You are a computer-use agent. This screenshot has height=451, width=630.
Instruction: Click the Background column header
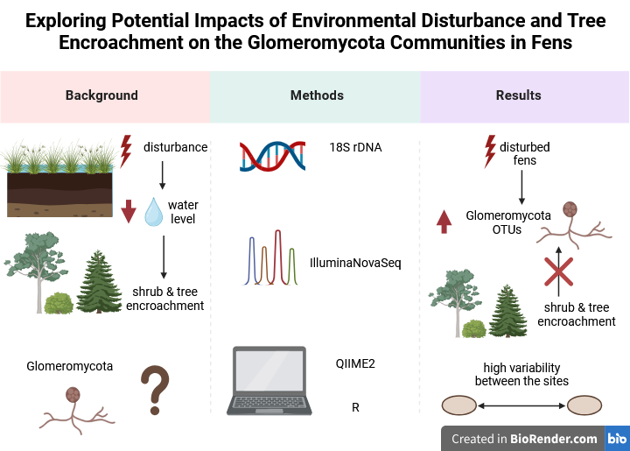point(101,95)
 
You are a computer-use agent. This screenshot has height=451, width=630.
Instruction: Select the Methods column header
point(317,95)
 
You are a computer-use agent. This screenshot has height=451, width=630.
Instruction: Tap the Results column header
point(518,95)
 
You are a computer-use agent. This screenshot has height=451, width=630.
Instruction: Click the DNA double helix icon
point(272,157)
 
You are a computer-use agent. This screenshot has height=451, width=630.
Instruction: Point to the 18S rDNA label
point(355,147)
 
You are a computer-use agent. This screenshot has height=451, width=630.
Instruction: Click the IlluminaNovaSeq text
point(355,263)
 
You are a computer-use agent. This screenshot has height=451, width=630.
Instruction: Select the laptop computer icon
point(269,381)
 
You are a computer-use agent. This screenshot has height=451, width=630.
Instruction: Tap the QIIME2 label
point(355,363)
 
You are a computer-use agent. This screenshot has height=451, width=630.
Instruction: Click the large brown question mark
point(155,390)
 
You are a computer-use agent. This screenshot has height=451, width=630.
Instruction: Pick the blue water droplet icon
point(154,211)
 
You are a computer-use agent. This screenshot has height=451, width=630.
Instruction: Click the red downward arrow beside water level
point(129,211)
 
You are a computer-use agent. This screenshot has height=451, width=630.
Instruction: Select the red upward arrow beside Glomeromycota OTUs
point(444,222)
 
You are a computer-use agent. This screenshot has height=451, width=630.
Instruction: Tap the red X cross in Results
point(559,271)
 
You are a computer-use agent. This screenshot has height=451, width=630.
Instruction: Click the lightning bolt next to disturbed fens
point(490,151)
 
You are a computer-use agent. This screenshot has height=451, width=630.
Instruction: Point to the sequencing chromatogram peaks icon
point(271,257)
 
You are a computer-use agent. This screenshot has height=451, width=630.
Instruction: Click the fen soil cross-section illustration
point(59,179)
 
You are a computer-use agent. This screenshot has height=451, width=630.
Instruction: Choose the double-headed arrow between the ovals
point(521,406)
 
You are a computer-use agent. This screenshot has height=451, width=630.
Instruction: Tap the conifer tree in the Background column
point(99,281)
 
